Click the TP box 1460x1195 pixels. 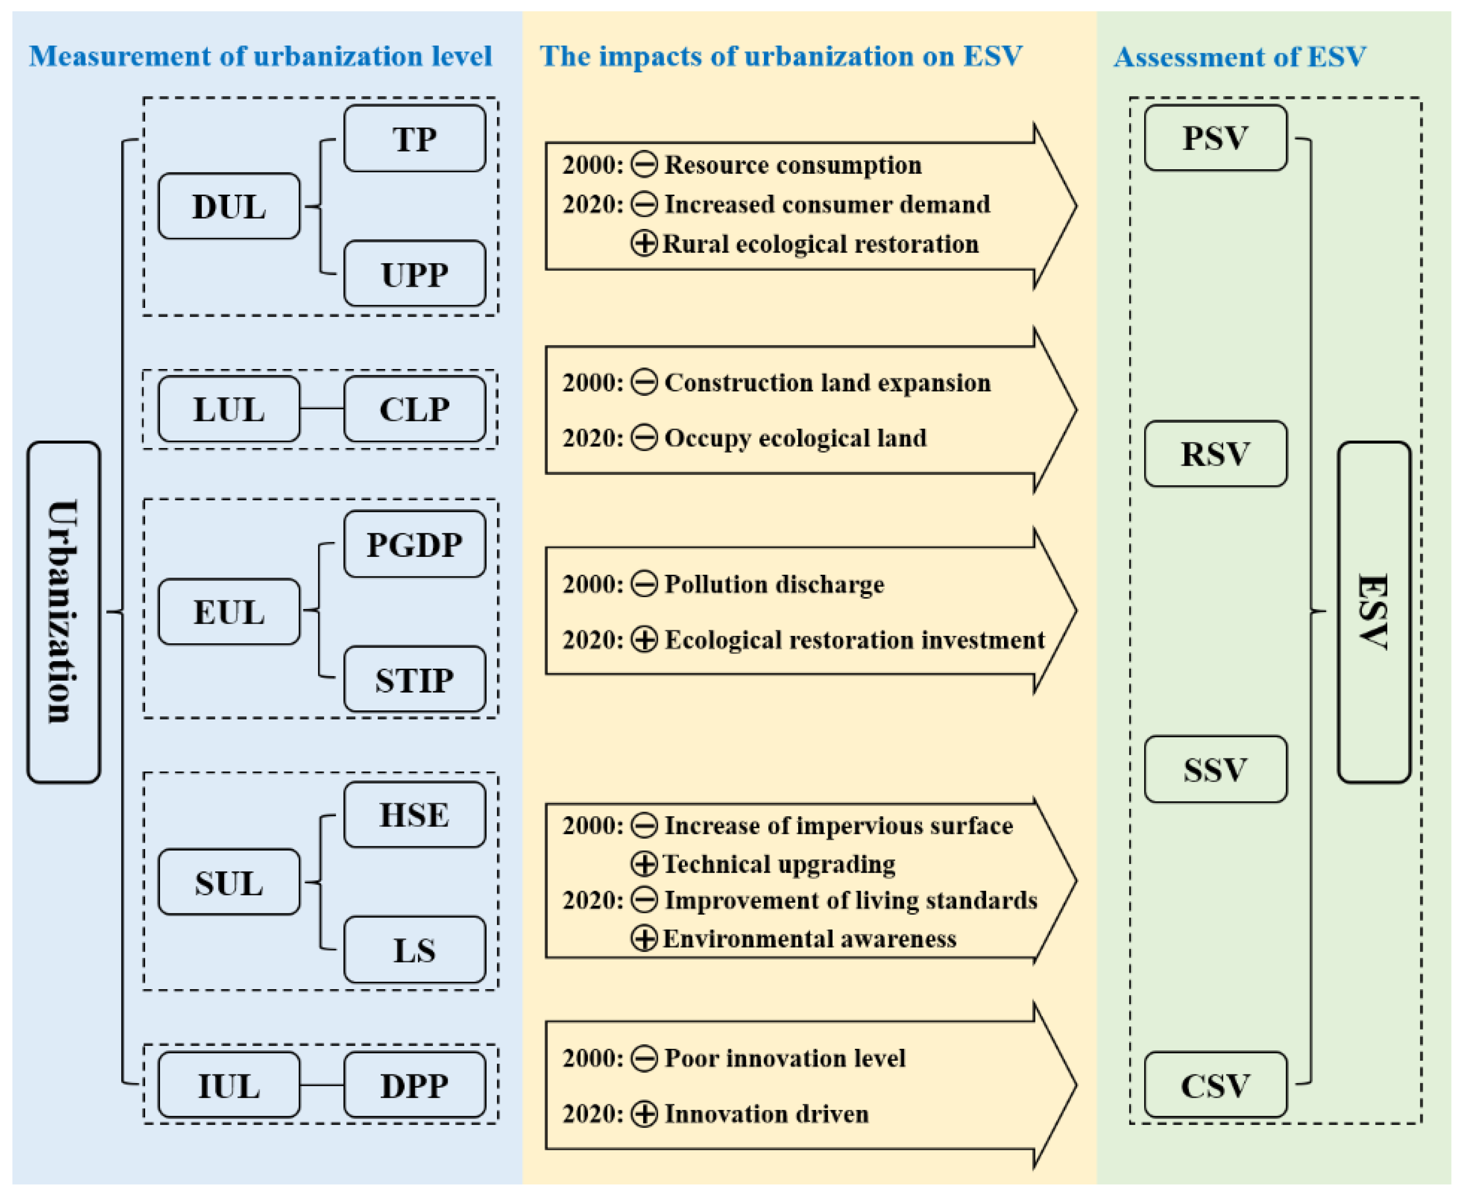pos(414,138)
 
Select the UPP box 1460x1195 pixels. pos(414,274)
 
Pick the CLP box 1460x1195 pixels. pos(414,409)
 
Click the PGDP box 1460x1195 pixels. pos(414,544)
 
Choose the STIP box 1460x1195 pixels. pos(414,679)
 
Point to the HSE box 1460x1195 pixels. pos(414,814)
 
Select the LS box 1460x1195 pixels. pos(414,950)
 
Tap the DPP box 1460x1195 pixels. pos(414,1085)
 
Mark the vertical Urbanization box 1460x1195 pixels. pos(64,612)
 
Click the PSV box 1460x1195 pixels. pos(1215,138)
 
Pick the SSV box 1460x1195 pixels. pos(1215,769)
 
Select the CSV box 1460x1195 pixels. pos(1215,1085)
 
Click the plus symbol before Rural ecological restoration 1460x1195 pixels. pos(644,244)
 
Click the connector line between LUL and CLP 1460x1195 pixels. pos(321,409)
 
